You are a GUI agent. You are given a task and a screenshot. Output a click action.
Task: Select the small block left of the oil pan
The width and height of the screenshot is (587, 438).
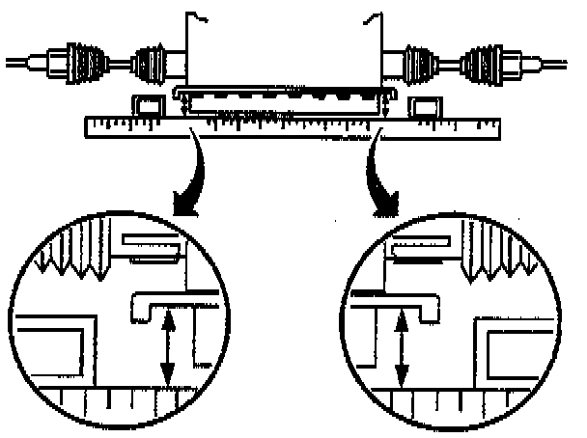[x=148, y=105]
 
